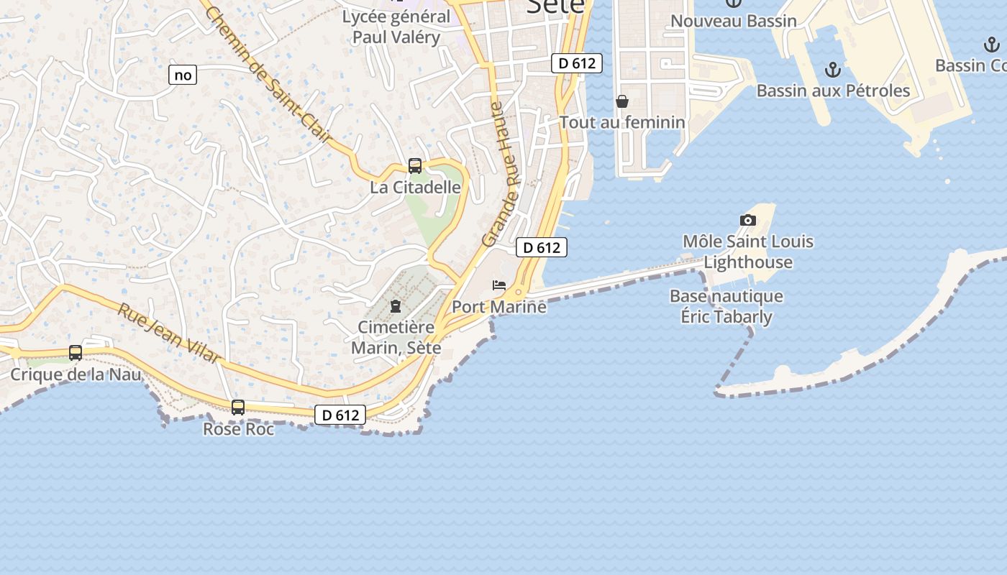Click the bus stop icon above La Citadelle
point(415,166)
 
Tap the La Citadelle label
point(415,187)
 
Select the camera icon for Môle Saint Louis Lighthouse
point(748,220)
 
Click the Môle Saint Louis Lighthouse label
point(748,252)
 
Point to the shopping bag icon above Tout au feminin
point(622,102)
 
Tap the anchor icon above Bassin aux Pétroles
point(832,70)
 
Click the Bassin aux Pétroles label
point(833,91)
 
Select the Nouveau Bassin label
point(734,21)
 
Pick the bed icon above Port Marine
point(499,285)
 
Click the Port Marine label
point(499,307)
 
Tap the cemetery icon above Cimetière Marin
point(396,306)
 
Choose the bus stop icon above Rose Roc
point(238,408)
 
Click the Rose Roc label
point(239,429)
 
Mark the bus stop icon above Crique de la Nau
point(76,353)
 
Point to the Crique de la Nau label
point(76,374)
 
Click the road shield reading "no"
point(183,75)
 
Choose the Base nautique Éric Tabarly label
point(726,306)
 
